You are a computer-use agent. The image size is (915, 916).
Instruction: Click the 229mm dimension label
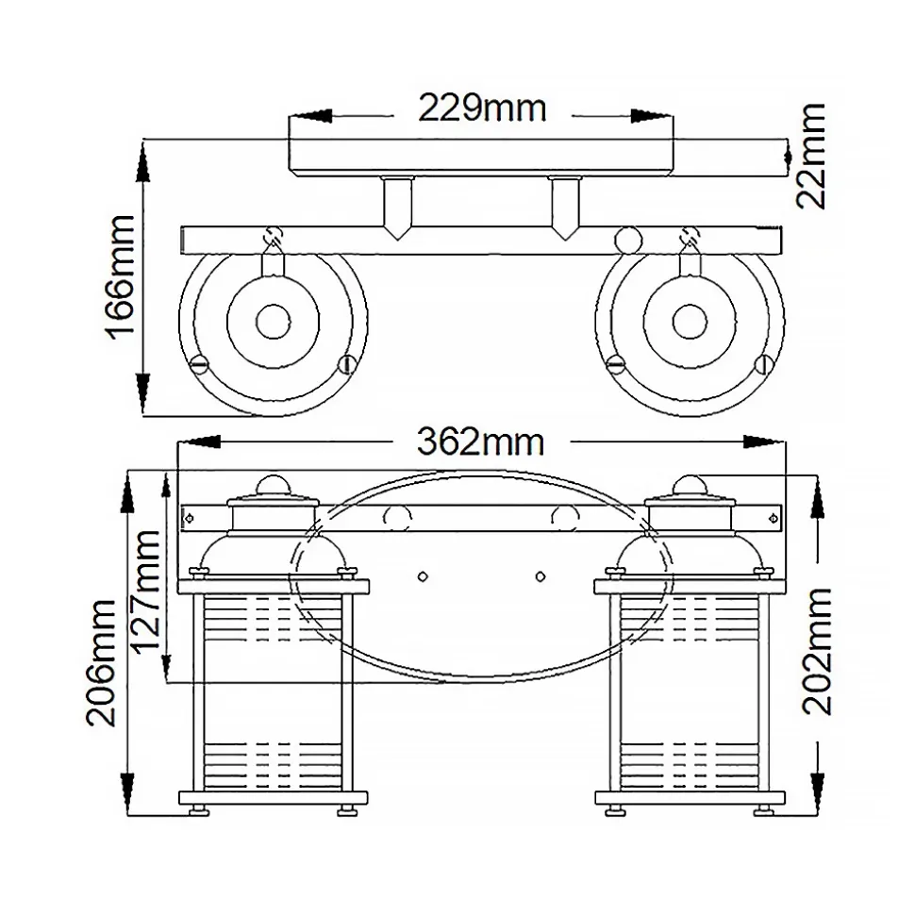point(482,109)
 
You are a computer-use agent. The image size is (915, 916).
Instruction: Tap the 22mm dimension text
point(809,156)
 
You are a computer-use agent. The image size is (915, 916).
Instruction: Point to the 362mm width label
point(481,441)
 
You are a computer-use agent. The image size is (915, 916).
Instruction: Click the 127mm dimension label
point(147,591)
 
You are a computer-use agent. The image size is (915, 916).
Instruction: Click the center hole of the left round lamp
point(274,322)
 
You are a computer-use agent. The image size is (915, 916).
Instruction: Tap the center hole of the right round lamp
point(690,322)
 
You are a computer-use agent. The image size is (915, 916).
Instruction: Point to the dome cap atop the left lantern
point(272,483)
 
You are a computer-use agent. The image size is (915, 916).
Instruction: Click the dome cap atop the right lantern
point(690,483)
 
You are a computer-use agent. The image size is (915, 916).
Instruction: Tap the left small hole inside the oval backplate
point(422,575)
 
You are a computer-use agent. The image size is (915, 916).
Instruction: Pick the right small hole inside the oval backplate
point(541,575)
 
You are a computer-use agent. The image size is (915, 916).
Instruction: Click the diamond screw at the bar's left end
point(190,516)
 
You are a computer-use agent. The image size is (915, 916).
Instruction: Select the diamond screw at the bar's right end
point(774,516)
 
